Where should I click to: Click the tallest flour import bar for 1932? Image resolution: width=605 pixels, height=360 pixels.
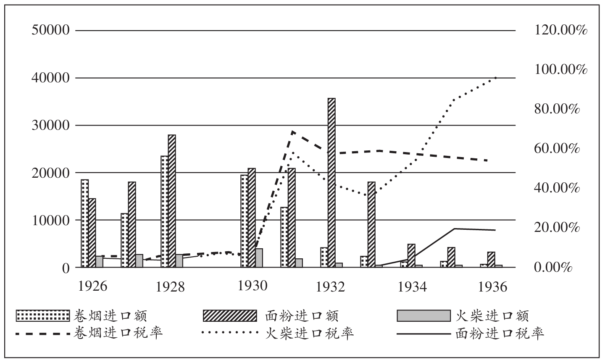pos(331,182)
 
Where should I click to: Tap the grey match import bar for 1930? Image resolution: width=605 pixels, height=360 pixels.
pos(259,258)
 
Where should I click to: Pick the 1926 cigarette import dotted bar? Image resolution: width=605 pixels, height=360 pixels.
pos(85,223)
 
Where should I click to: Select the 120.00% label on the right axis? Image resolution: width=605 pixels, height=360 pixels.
pos(560,31)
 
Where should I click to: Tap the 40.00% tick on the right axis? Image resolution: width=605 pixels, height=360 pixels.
pos(557,188)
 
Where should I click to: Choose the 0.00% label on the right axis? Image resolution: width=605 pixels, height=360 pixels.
pos(553,267)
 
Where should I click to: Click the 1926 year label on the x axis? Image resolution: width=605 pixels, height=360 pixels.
pos(93,286)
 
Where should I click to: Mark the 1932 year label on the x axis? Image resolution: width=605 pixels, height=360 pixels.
pos(331,286)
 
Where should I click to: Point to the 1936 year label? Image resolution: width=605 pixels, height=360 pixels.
pos(493,286)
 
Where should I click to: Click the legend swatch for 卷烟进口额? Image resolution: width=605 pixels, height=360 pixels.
pos(42,315)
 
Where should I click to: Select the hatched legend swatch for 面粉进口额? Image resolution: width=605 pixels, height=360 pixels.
pos(229,315)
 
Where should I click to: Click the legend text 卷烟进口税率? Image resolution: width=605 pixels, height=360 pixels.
pos(118,333)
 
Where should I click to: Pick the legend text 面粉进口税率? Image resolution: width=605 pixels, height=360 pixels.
pos(500,333)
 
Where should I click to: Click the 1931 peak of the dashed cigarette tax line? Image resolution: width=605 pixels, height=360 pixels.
pos(292,131)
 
